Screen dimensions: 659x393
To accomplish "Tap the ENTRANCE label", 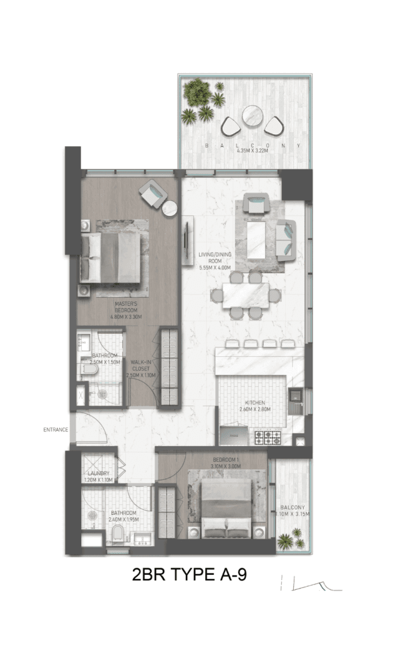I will [x=55, y=429].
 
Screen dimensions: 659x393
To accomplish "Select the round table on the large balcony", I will [x=252, y=116].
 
